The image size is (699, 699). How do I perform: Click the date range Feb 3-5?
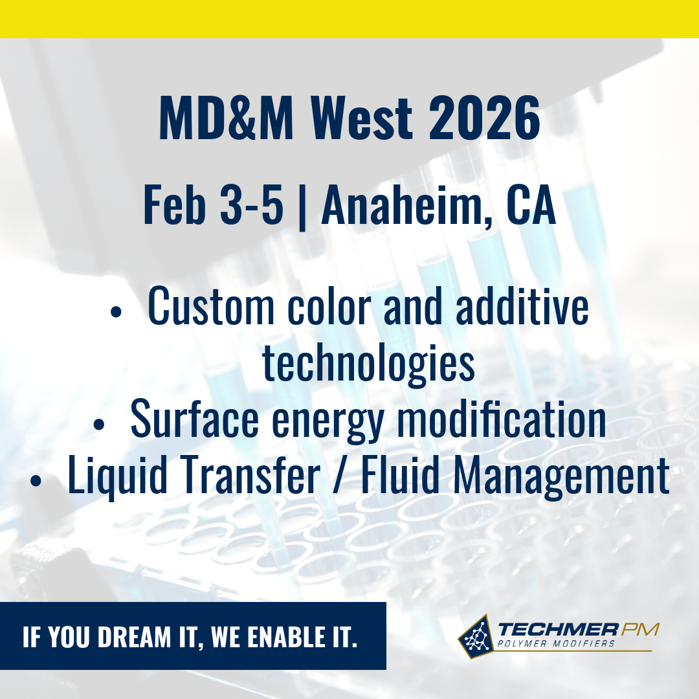pos(213,205)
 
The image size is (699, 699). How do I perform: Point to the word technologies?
pos(368,363)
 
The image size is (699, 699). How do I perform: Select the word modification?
pos(502,419)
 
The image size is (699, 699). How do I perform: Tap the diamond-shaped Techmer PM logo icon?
pos(476,636)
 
